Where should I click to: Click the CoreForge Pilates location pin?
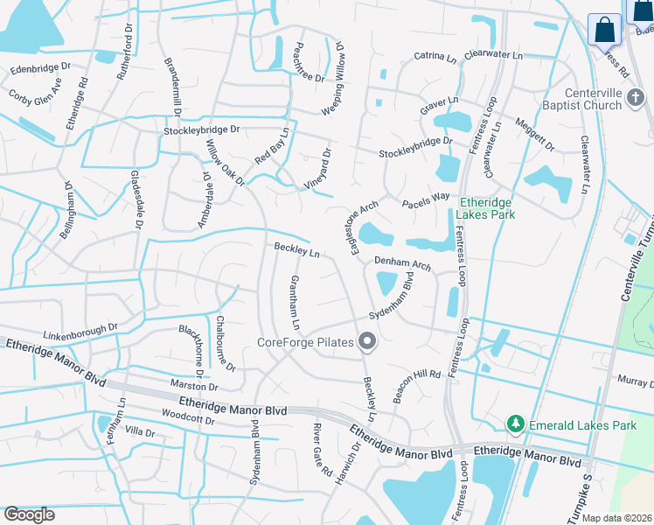[x=368, y=342]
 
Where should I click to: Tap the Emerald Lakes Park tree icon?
[x=516, y=425]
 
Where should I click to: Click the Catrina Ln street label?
[x=436, y=57]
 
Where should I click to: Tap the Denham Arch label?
[x=403, y=262]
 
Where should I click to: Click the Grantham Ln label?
[x=296, y=302]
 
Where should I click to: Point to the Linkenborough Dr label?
[x=80, y=332]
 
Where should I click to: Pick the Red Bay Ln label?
[x=272, y=145]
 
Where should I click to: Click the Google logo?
[x=30, y=514]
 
